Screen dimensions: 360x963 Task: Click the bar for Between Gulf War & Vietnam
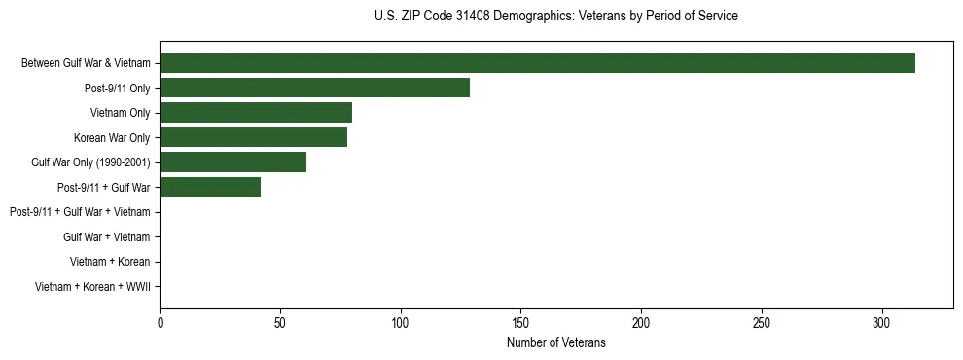tap(537, 63)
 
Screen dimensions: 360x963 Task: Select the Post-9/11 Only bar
tap(314, 88)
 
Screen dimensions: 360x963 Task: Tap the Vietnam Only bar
tap(256, 113)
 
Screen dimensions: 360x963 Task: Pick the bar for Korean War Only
tap(253, 137)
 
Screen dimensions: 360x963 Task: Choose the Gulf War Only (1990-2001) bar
tap(232, 162)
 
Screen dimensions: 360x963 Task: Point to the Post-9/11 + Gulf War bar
tap(210, 187)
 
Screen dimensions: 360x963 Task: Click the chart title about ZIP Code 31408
tap(555, 17)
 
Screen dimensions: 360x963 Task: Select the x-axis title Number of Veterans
tap(555, 342)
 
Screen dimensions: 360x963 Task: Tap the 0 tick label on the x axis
tap(160, 322)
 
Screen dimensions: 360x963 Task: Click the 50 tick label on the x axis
tap(280, 322)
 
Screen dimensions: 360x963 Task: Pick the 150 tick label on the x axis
tap(520, 322)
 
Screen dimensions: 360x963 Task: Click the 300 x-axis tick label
tap(881, 322)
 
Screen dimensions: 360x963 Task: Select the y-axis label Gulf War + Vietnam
tap(106, 237)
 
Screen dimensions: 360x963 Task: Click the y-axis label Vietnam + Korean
tap(110, 262)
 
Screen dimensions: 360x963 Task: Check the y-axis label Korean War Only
tap(112, 137)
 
